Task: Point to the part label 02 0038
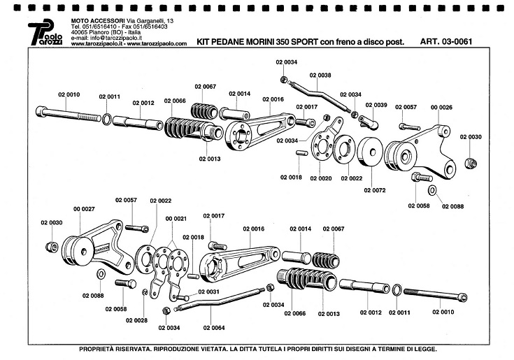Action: [320, 75]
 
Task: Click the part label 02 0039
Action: [376, 105]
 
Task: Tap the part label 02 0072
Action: [375, 190]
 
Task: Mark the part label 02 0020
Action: [320, 178]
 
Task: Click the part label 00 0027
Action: [84, 208]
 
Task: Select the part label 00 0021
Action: [176, 219]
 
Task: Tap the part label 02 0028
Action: [137, 319]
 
